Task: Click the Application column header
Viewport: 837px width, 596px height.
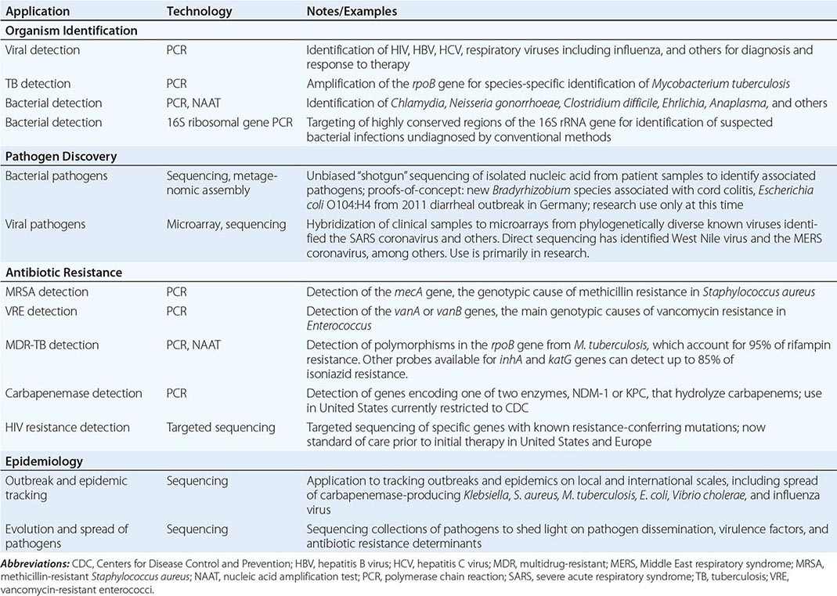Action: [37, 12]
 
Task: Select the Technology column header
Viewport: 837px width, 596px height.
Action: [199, 12]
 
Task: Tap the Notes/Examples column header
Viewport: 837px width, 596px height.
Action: [352, 12]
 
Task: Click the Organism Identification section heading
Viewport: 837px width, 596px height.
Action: [71, 31]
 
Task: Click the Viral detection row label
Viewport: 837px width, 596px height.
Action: [42, 50]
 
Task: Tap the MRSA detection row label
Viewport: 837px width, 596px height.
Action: [46, 292]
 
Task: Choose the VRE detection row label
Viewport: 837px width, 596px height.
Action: [42, 311]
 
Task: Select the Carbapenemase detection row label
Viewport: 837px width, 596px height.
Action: [74, 393]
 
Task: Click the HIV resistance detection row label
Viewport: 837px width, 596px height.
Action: [67, 428]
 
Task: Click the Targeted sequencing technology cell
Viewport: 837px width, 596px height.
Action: [220, 428]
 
